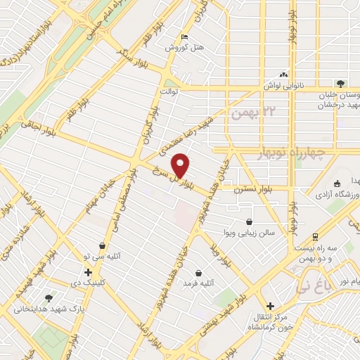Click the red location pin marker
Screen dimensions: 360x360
coord(181,165)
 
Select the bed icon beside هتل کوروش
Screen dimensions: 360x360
coord(184,37)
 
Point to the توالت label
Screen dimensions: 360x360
coord(171,91)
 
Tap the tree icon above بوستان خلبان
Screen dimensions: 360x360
coord(340,83)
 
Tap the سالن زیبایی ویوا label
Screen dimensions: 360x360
coord(247,232)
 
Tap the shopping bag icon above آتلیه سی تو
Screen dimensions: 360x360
coord(103,246)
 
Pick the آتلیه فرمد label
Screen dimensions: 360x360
coord(199,282)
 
